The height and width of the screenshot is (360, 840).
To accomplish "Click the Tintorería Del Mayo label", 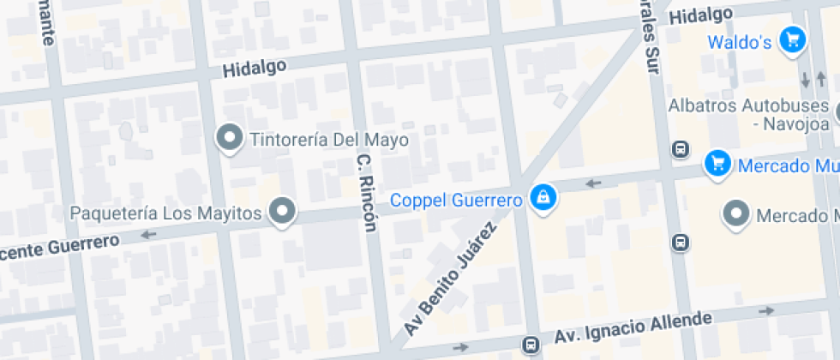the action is tap(329, 139).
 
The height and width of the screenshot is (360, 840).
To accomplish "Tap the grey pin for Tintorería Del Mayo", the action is tap(229, 137).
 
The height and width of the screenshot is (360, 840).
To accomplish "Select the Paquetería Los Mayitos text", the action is tap(166, 213).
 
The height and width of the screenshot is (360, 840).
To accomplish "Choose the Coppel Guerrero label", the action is tap(456, 201).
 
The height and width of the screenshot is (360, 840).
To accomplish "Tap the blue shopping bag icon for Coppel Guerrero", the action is tap(543, 199).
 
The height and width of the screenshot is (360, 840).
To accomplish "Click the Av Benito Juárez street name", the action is tap(451, 278).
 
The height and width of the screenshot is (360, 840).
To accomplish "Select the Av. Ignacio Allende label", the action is tap(633, 327).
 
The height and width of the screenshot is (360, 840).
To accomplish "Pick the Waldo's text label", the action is tap(740, 42).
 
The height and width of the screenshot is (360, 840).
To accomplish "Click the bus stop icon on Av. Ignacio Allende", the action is tap(531, 345).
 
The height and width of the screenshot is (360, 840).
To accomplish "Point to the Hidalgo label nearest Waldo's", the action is tap(701, 15).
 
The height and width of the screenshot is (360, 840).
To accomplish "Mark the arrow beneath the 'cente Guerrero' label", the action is tap(149, 235).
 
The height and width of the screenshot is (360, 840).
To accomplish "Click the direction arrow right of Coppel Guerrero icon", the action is tap(592, 183).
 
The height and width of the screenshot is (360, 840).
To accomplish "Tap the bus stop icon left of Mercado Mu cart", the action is tap(680, 149).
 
